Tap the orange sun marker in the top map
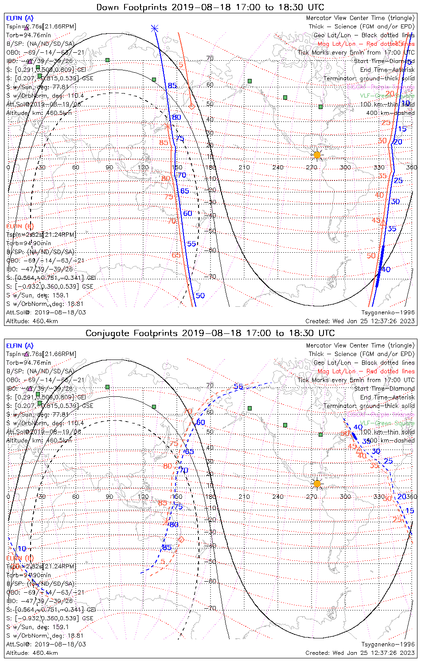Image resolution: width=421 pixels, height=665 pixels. pos(317,155)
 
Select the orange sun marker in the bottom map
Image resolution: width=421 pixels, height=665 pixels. pos(317,483)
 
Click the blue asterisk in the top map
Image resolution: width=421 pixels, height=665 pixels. pos(154,28)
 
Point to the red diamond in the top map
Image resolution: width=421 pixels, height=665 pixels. pos(192,106)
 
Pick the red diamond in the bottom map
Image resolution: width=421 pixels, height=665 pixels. pos(181,540)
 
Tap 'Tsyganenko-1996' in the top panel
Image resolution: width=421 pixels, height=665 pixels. pos(388,313)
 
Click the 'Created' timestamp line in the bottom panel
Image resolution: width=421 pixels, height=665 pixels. pos(360,653)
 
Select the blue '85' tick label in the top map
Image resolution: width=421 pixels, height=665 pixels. pos(172,86)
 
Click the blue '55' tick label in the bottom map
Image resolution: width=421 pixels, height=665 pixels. pos(238,387)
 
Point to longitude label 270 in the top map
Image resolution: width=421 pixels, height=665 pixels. pos(312,168)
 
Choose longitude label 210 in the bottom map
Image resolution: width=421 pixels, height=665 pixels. pos(244,497)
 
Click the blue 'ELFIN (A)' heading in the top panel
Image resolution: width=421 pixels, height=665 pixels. pos(20,18)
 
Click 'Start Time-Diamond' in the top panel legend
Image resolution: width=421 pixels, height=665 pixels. pos(384,61)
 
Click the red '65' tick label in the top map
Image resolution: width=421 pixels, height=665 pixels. pos(176,255)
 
